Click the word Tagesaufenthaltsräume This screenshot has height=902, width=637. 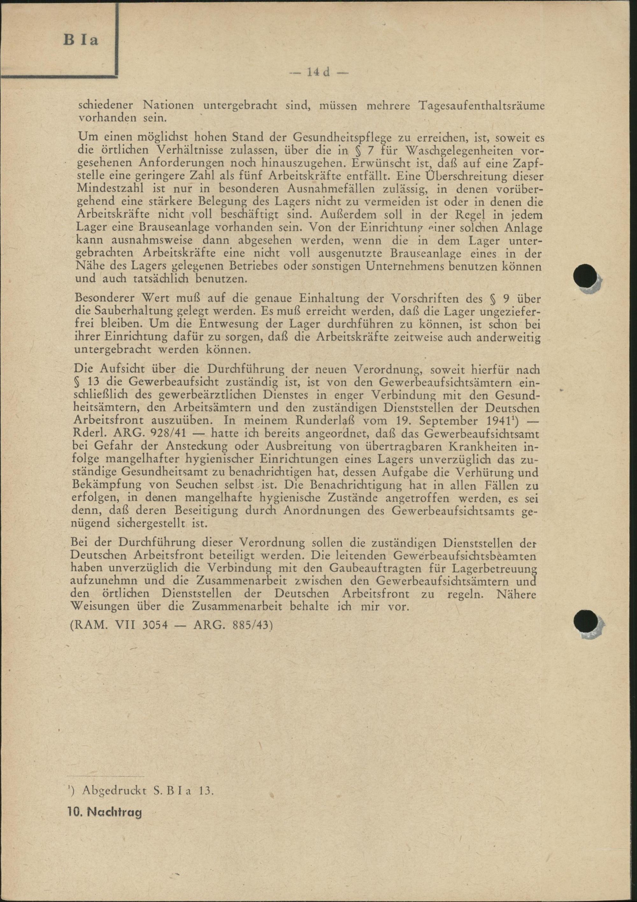(x=482, y=106)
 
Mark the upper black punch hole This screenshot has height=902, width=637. (x=585, y=275)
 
